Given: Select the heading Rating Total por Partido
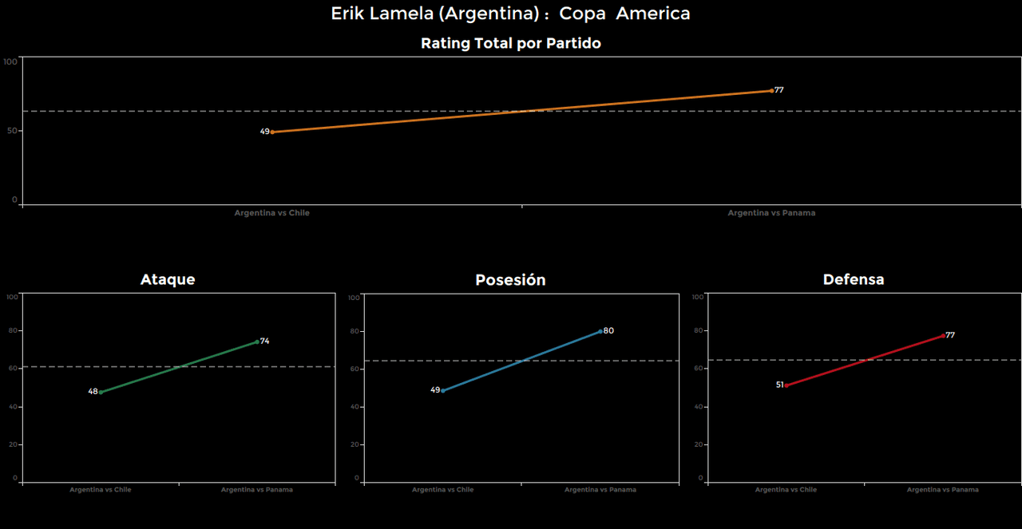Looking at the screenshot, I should click(x=510, y=44).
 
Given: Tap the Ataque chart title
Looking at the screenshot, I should click(x=168, y=279).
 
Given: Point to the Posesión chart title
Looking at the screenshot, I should click(x=510, y=280).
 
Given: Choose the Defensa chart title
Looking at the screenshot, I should click(x=854, y=279).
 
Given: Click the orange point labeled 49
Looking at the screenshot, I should click(x=272, y=132).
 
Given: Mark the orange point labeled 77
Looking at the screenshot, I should click(x=771, y=90).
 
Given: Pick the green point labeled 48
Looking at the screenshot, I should click(x=101, y=392).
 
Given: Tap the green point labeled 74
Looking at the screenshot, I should click(x=257, y=341).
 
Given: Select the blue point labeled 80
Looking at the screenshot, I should click(x=600, y=331).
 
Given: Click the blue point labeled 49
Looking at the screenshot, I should click(x=443, y=390).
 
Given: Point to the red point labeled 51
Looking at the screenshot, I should click(x=786, y=385).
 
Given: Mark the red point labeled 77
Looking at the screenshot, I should click(x=943, y=335).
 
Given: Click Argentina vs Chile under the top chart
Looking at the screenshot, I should click(x=271, y=213).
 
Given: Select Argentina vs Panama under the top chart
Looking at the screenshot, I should click(x=771, y=213).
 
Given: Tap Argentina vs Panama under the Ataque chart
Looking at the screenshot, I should click(x=257, y=489).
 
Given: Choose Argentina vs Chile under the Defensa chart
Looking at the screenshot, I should click(x=786, y=489).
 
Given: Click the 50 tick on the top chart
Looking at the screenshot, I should click(x=14, y=131).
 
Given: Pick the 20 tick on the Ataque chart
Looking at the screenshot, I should click(x=14, y=444).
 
